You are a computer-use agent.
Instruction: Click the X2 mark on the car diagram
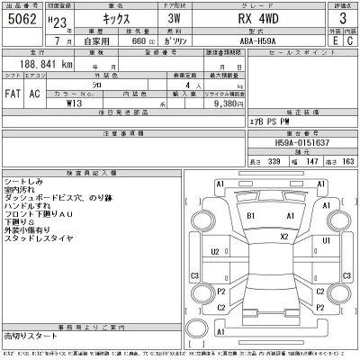284,237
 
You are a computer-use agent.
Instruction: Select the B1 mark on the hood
251,217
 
